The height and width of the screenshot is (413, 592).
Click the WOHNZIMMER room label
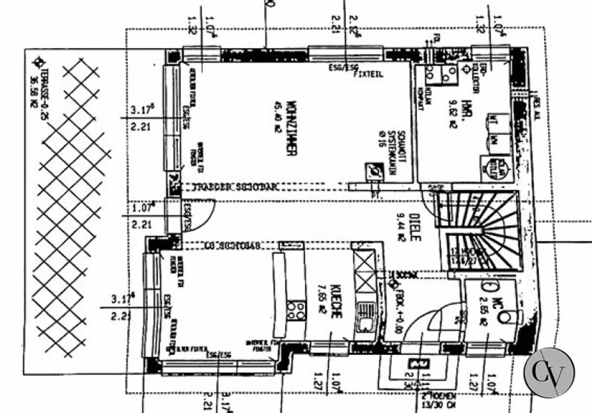[292, 129]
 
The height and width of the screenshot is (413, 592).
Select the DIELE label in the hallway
[414, 227]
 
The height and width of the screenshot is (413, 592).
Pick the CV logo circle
[549, 372]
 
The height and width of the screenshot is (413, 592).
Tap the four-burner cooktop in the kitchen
[296, 311]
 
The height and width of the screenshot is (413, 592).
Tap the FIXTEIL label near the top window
[368, 74]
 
